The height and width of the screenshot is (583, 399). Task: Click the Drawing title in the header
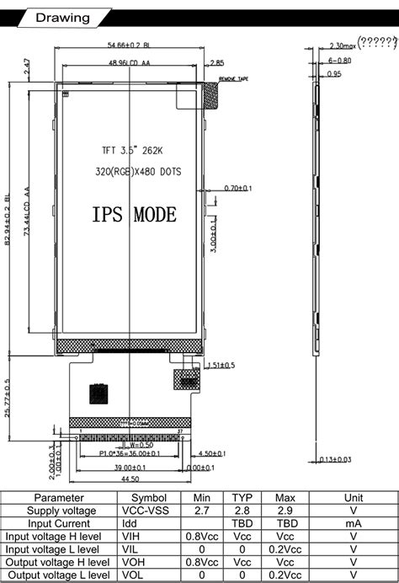(63, 18)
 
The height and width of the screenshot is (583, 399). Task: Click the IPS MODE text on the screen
(134, 215)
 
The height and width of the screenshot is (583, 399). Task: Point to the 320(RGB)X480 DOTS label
(136, 172)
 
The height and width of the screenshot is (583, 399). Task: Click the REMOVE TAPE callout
(232, 78)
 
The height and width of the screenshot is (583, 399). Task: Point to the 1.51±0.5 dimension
(219, 365)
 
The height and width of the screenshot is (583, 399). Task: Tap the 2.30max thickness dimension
(339, 45)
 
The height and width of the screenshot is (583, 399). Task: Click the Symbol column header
(149, 498)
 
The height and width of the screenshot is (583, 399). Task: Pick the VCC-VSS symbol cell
(149, 511)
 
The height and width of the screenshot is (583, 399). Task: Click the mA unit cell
(354, 523)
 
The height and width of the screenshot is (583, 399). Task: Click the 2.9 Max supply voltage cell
(285, 511)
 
